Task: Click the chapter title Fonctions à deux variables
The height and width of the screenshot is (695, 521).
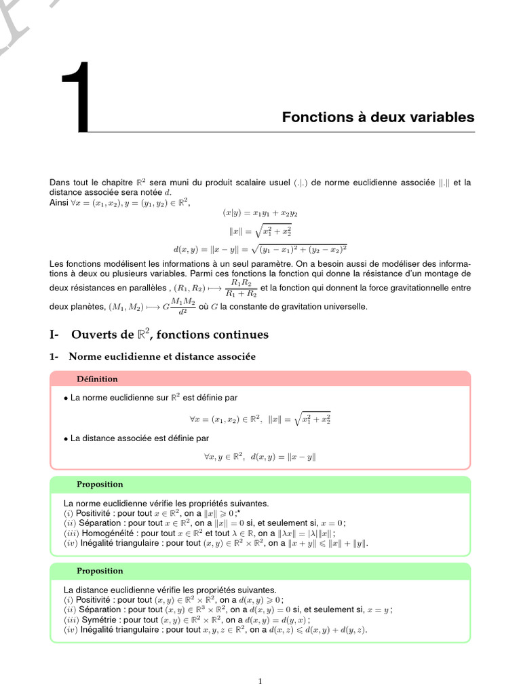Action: [378, 117]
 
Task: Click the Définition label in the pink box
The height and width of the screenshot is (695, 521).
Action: [97, 379]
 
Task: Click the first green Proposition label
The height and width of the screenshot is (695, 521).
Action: [100, 484]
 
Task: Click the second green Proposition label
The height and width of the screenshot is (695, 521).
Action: [100, 571]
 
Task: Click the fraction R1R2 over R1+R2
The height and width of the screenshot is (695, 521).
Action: [241, 288]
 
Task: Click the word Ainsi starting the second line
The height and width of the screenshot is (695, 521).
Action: [60, 202]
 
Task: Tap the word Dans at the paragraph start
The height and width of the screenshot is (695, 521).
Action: [60, 183]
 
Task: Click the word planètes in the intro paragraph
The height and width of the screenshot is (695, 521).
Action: [83, 307]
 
